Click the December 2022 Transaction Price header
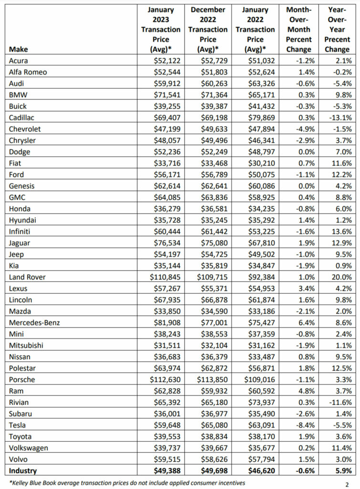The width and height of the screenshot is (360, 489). (208, 29)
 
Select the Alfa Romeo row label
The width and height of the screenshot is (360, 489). (27, 73)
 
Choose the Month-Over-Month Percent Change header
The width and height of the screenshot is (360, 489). (299, 29)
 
